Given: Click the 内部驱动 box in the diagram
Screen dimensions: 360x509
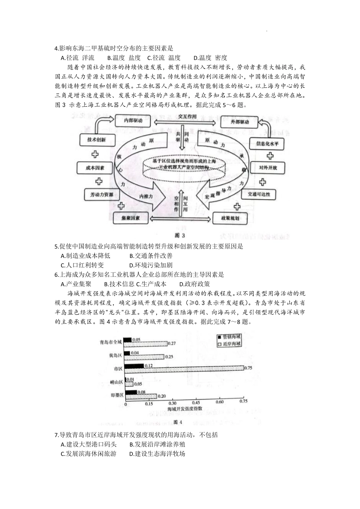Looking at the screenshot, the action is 133,121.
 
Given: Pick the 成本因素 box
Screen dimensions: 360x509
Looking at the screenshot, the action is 95,167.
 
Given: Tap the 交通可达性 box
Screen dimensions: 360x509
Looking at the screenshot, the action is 259,194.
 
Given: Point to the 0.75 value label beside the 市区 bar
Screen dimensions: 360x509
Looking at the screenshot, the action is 249,368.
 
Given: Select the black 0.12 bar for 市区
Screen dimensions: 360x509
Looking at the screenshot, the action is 134,365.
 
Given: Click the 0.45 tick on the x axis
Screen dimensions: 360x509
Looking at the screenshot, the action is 196,402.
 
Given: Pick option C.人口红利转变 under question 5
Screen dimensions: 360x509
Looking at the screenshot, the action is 82,265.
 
